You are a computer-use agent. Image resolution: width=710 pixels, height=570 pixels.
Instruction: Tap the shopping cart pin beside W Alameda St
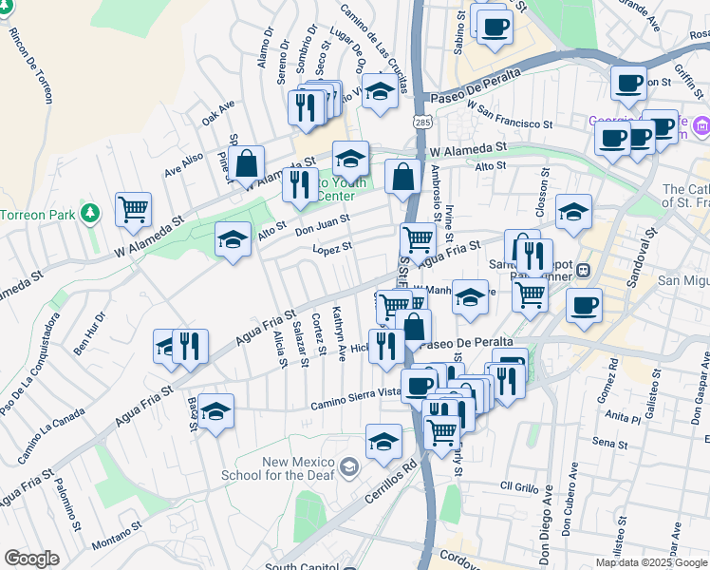click(133, 209)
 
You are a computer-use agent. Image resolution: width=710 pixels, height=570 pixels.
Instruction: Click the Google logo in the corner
click(32, 559)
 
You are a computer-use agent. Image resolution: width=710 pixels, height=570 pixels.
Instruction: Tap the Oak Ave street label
click(217, 114)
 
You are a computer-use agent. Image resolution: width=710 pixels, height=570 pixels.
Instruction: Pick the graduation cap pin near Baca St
click(216, 412)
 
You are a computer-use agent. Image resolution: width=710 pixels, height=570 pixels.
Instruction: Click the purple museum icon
click(701, 124)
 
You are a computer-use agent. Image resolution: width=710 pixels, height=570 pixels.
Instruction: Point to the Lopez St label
click(333, 248)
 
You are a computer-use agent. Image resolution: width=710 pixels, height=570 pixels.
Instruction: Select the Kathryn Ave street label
click(340, 333)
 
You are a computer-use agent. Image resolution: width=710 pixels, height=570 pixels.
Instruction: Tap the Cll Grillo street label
click(519, 485)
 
